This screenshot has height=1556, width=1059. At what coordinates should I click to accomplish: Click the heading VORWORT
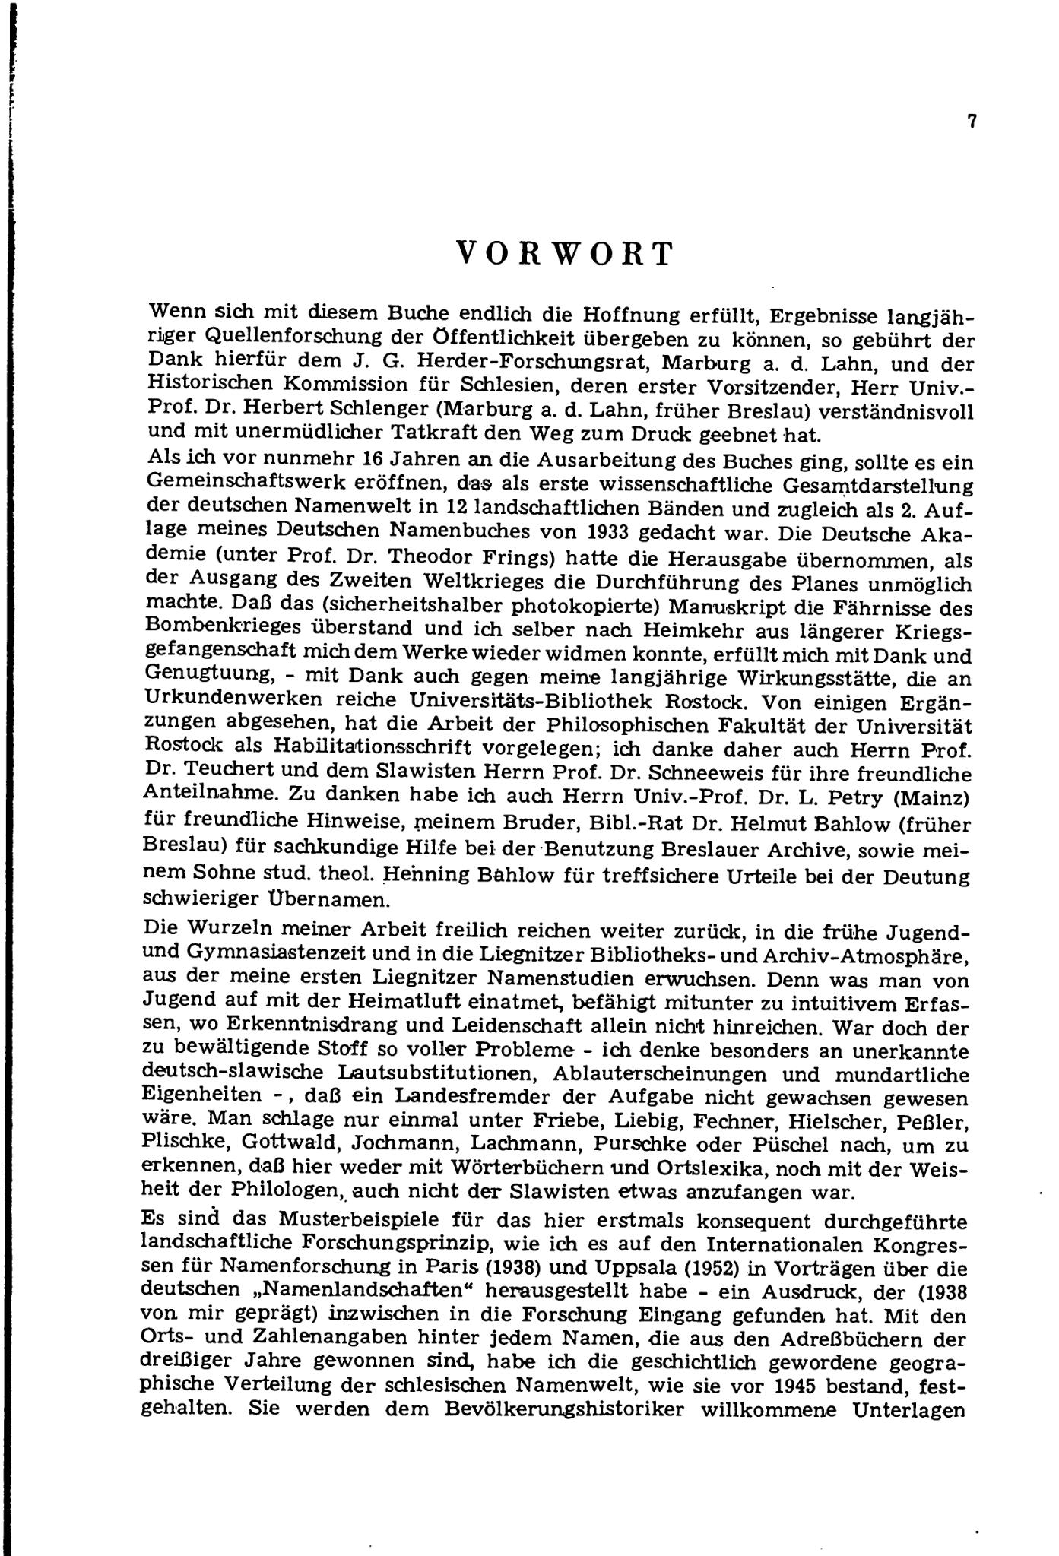[566, 254]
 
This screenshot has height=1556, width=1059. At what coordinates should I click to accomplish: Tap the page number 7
[972, 122]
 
